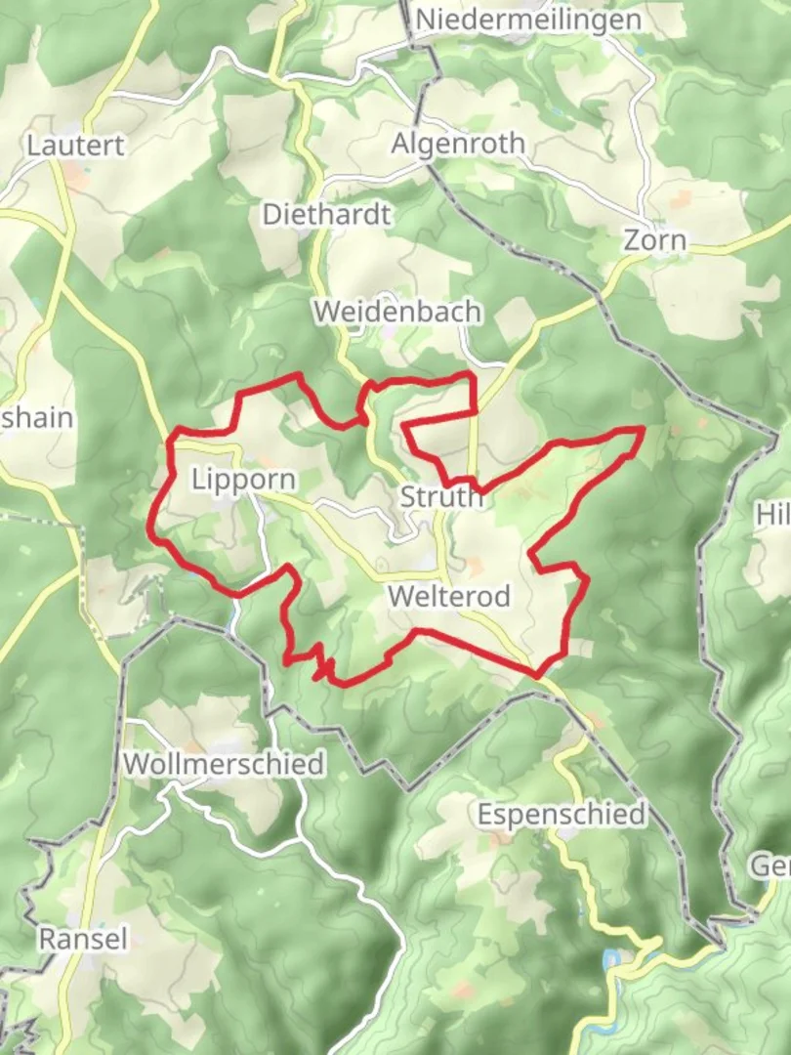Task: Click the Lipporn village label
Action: [x=243, y=480]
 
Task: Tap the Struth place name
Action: [x=441, y=497]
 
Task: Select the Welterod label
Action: [x=448, y=596]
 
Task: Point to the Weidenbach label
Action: [x=397, y=312]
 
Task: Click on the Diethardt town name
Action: [x=326, y=214]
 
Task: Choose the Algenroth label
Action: [x=458, y=144]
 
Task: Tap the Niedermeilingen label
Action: [x=528, y=20]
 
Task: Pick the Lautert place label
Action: [x=76, y=146]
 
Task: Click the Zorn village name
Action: [x=654, y=240]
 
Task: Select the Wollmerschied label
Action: [x=224, y=763]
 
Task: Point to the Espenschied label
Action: [x=562, y=814]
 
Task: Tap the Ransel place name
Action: [x=83, y=939]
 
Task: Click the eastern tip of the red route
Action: [x=642, y=429]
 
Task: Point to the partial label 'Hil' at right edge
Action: [x=772, y=515]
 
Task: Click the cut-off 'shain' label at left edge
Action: [x=37, y=418]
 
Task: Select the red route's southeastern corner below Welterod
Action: [x=537, y=674]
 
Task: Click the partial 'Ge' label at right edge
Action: [x=770, y=865]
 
